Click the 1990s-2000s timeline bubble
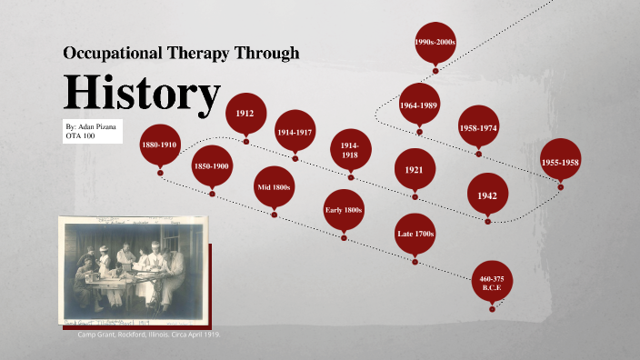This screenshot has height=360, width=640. point(435,43)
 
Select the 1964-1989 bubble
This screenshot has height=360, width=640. point(419,105)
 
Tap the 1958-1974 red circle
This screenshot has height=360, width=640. point(478,128)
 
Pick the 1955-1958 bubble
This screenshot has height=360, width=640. point(560,161)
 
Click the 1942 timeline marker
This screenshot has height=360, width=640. point(487,195)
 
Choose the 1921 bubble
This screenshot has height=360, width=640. point(415,169)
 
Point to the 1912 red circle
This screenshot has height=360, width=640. point(245,114)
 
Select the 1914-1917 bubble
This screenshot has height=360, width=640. point(295,133)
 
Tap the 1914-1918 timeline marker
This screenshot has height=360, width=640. point(350,149)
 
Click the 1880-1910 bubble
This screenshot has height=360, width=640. point(160,145)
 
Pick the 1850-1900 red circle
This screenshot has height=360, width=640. point(212,166)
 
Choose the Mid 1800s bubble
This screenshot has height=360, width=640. point(274,187)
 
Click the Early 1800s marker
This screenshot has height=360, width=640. point(344,210)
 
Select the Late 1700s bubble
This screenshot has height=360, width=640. point(415,235)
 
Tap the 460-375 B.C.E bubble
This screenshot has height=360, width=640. point(493,282)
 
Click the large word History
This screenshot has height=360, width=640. point(142,92)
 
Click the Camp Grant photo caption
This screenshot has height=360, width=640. point(148,335)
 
